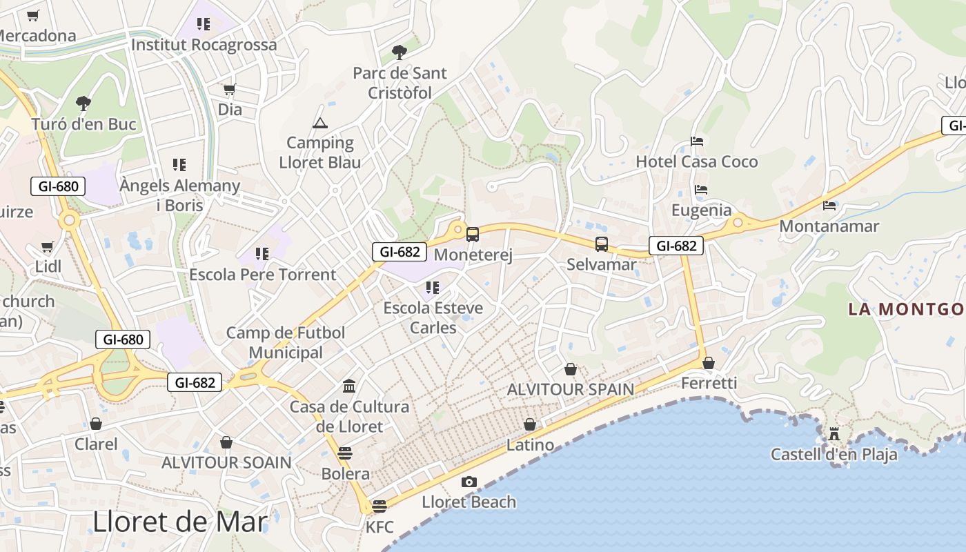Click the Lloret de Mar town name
pyautogui.click(x=179, y=522)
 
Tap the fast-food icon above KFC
pyautogui.click(x=379, y=506)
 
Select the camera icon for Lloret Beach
pyautogui.click(x=469, y=482)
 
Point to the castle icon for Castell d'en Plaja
pyautogui.click(x=834, y=434)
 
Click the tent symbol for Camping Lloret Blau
pyautogui.click(x=319, y=123)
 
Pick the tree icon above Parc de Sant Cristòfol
pyautogui.click(x=399, y=52)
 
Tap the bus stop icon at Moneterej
pyautogui.click(x=473, y=235)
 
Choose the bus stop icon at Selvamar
pyautogui.click(x=602, y=244)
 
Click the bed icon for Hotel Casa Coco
pyautogui.click(x=697, y=141)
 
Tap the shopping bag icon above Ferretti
pyautogui.click(x=709, y=362)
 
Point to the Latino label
pyautogui.click(x=530, y=445)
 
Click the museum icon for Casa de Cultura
pyautogui.click(x=349, y=386)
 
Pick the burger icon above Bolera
pyautogui.click(x=345, y=453)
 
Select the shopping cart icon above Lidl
pyautogui.click(x=48, y=246)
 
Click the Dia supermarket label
pyautogui.click(x=230, y=109)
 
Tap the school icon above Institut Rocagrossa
pyautogui.click(x=203, y=24)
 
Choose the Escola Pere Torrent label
pyautogui.click(x=262, y=275)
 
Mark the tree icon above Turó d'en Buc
pyautogui.click(x=83, y=103)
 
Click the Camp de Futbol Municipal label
pyautogui.click(x=286, y=342)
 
